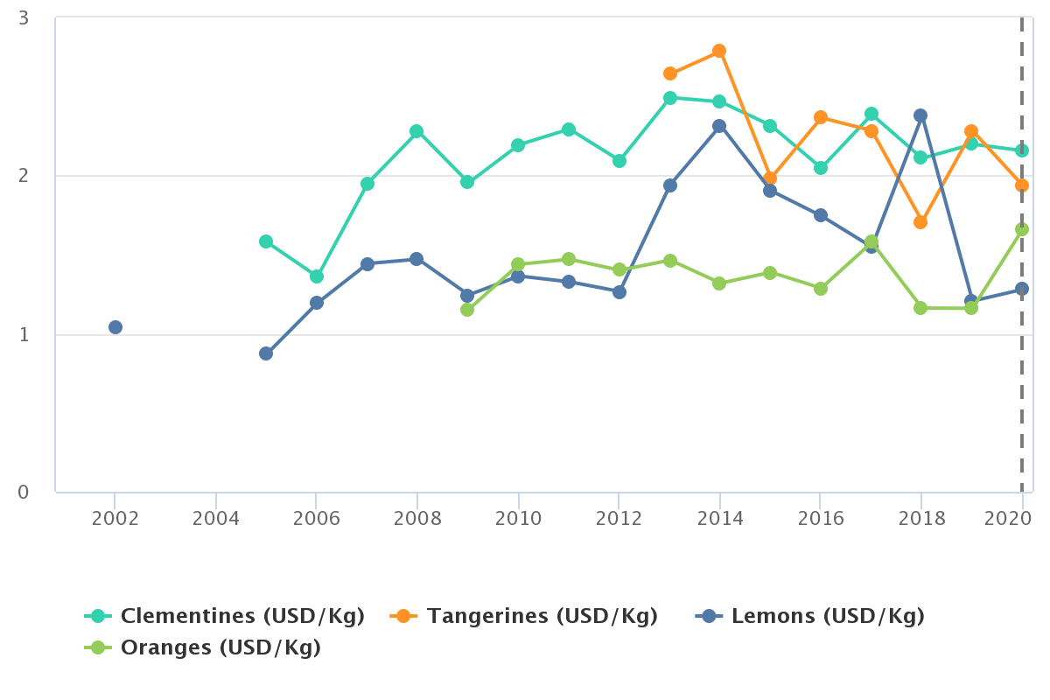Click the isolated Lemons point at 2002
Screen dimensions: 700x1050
pyautogui.click(x=115, y=327)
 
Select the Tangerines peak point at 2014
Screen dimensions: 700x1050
pyautogui.click(x=719, y=51)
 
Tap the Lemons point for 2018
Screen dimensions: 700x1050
pyautogui.click(x=920, y=115)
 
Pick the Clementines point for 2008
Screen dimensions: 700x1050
pyautogui.click(x=416, y=131)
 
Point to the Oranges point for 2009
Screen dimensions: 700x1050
pyautogui.click(x=467, y=310)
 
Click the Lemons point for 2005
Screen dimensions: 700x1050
pyautogui.click(x=266, y=353)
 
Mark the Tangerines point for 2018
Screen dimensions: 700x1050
pyautogui.click(x=920, y=222)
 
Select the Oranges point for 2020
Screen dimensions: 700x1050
pyautogui.click(x=1022, y=229)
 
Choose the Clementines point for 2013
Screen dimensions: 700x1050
pyautogui.click(x=670, y=98)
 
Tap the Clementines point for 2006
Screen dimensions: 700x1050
pyautogui.click(x=317, y=276)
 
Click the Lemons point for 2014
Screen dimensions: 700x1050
pyautogui.click(x=719, y=126)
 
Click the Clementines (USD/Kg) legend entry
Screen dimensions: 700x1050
pyautogui.click(x=241, y=616)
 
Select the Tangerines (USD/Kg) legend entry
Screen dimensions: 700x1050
pyautogui.click(x=542, y=616)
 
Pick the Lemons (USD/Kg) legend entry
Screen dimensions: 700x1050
pyautogui.click(x=827, y=616)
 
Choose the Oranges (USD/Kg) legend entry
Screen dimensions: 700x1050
pyautogui.click(x=220, y=647)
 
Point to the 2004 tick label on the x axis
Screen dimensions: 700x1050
pyautogui.click(x=216, y=518)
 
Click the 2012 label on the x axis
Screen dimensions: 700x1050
pyautogui.click(x=619, y=518)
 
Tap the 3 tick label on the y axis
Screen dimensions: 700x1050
pyautogui.click(x=24, y=18)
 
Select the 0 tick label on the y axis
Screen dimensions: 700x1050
pyautogui.click(x=24, y=493)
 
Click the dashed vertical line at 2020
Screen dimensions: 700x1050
pyautogui.click(x=1022, y=394)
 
